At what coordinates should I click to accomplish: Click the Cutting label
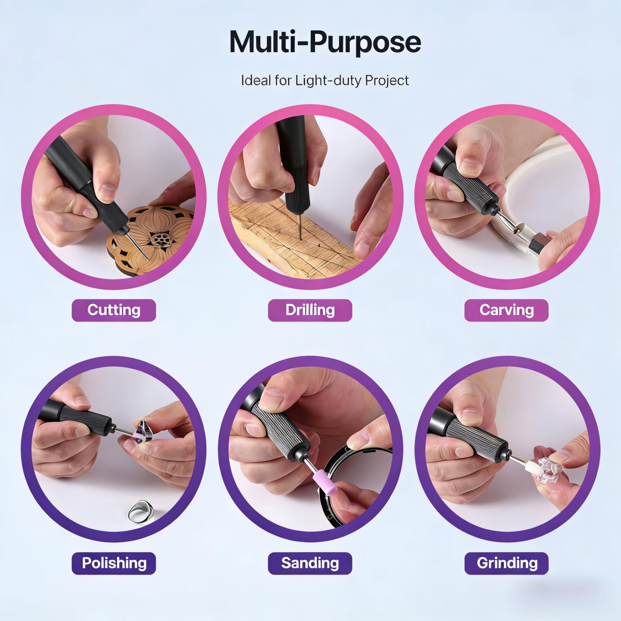click(114, 310)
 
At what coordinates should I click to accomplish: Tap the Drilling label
click(310, 310)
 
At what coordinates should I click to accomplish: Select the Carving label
click(507, 310)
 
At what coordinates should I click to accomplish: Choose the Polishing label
click(114, 563)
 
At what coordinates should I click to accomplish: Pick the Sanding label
click(310, 563)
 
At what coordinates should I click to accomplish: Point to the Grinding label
click(507, 563)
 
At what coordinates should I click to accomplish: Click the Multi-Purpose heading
click(325, 42)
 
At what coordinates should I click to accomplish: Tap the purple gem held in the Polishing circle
click(142, 432)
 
